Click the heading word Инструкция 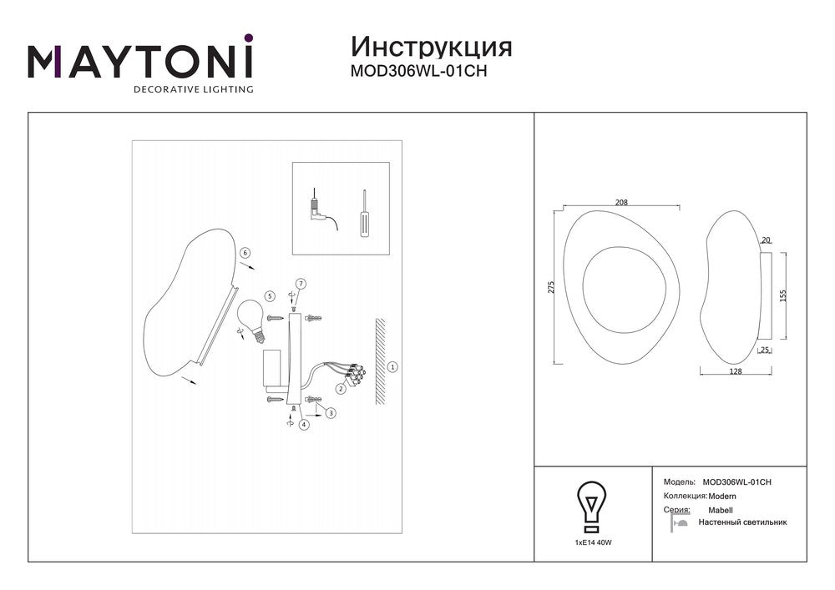tap(432, 48)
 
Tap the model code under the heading tap(418, 71)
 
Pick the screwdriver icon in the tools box tap(365, 214)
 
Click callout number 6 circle tap(245, 253)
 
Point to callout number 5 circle tap(270, 295)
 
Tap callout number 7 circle tap(301, 284)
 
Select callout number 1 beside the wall tap(392, 366)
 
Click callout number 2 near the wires tap(341, 389)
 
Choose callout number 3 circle tap(331, 413)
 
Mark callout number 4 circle tap(304, 425)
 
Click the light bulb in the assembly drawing tap(251, 320)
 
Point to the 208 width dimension tap(621, 202)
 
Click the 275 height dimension tap(551, 287)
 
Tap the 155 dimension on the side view tap(782, 295)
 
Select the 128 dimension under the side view tap(735, 371)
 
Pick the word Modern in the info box tap(722, 497)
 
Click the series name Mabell tap(721, 510)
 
